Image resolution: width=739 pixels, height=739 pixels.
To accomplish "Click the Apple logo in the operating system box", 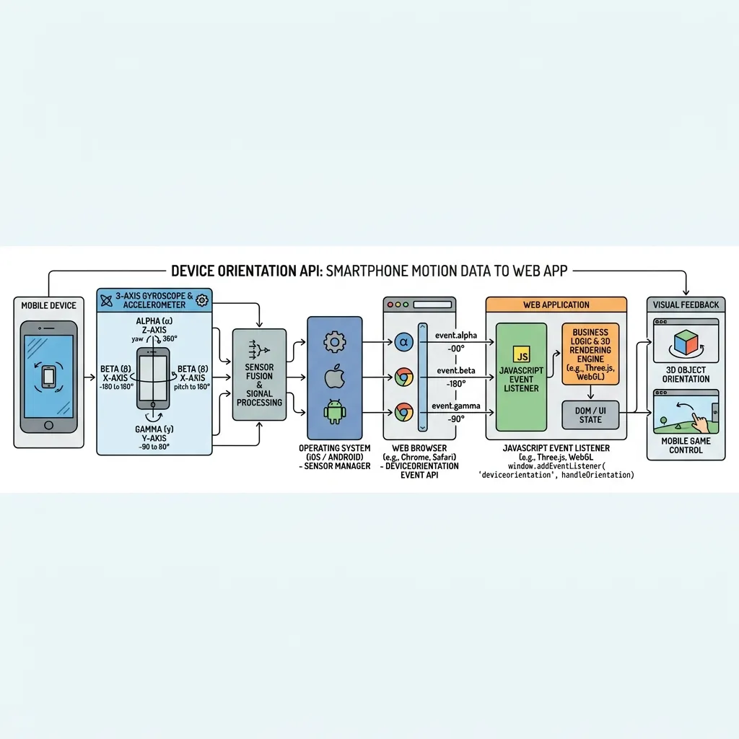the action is (x=335, y=377).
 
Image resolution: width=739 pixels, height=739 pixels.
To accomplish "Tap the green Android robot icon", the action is (x=335, y=411).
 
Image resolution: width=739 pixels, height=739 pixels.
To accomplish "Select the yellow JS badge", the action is (x=521, y=354).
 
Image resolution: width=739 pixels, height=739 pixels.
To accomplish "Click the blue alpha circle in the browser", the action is (x=404, y=342).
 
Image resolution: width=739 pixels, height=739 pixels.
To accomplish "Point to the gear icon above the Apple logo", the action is (x=335, y=342).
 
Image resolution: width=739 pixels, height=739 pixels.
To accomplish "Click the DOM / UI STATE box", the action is (x=590, y=415).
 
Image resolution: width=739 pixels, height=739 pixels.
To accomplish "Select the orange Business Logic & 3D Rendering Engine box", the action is (x=590, y=354).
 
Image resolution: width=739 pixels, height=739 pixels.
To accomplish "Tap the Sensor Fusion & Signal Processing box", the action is (x=259, y=375).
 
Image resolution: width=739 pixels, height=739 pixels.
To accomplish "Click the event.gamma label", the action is (x=456, y=406).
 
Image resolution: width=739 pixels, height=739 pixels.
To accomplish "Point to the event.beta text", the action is (x=456, y=370).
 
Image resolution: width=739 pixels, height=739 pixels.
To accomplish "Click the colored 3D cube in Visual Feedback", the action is (x=686, y=343).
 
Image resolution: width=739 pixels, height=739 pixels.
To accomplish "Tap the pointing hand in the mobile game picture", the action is (x=700, y=421).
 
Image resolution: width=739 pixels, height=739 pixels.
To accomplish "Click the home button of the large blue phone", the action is (x=48, y=425).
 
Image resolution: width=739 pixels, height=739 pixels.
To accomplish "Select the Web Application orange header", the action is (x=556, y=305).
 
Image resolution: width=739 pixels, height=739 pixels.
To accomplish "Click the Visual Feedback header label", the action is (x=686, y=305).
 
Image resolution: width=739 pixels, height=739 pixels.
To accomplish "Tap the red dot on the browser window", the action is (x=390, y=305).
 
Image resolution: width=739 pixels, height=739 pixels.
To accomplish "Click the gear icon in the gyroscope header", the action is (x=202, y=300).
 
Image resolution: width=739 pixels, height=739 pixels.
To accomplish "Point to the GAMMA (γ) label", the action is (x=154, y=429).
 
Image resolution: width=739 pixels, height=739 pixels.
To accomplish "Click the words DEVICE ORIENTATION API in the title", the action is (x=246, y=271).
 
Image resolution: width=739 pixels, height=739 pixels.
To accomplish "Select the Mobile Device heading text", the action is (x=48, y=305).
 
